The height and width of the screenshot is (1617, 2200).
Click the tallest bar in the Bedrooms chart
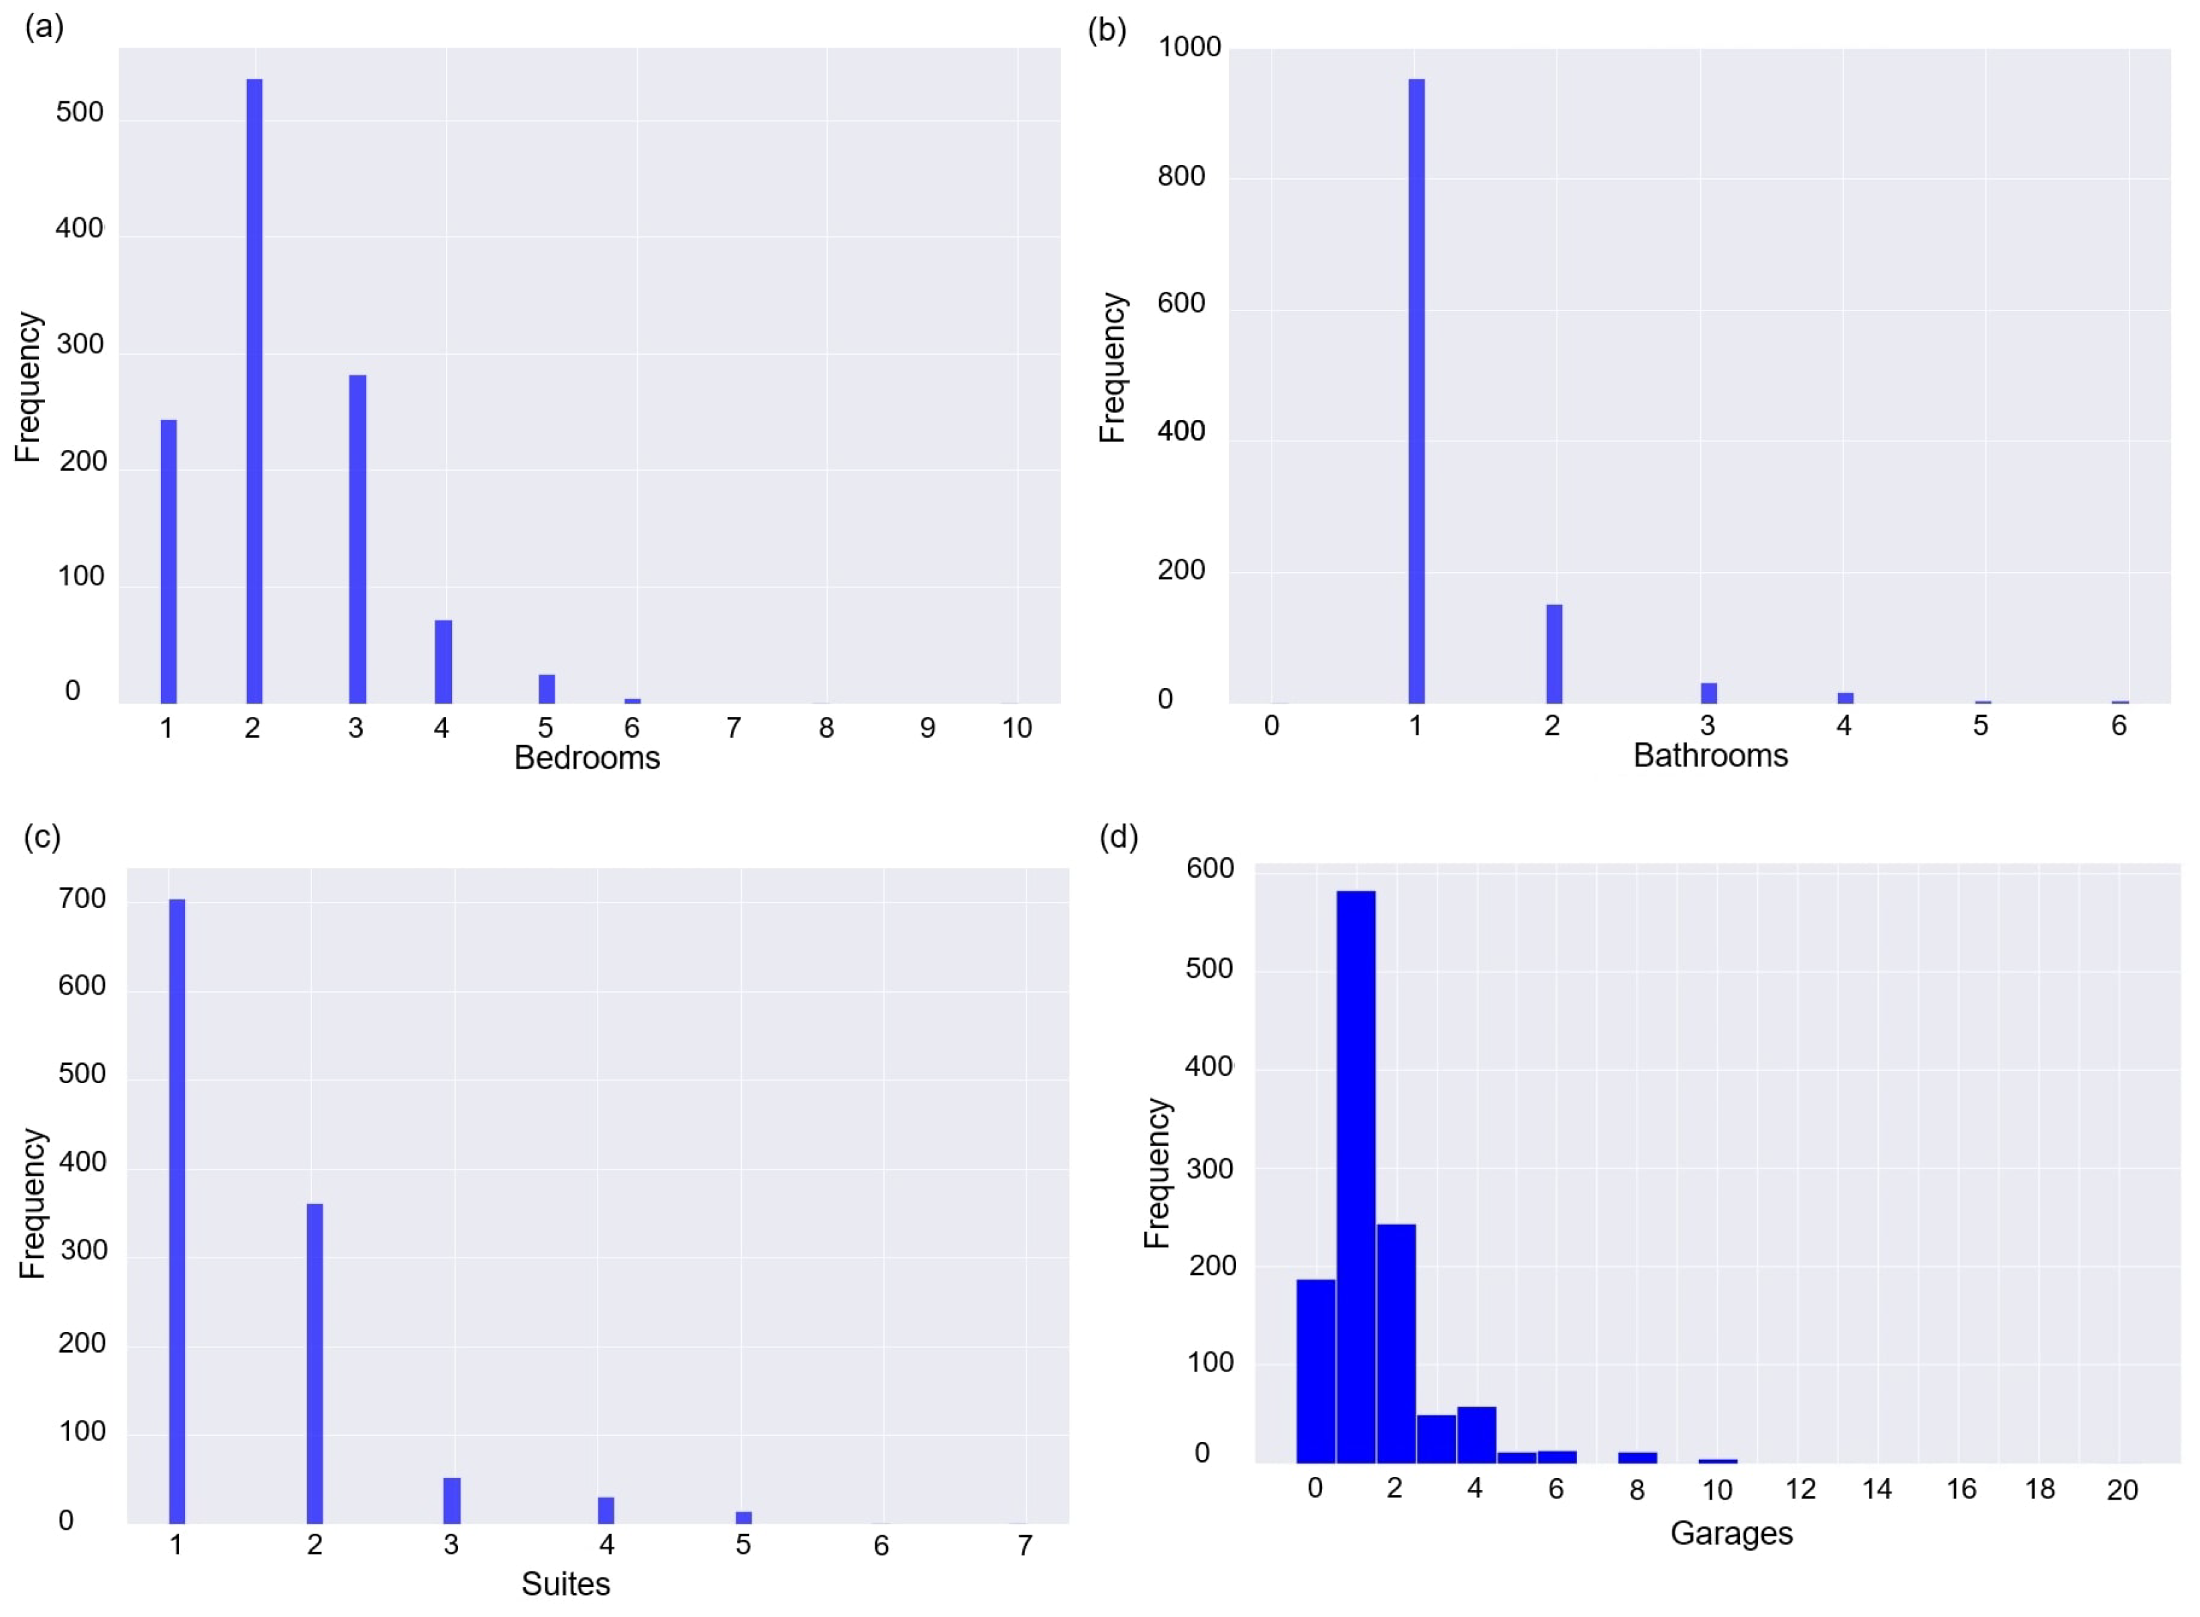click(254, 392)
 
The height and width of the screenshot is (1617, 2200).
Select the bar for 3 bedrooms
click(358, 539)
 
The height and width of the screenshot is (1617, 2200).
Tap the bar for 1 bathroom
click(1416, 392)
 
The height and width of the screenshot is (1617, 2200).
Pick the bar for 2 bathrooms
click(1554, 654)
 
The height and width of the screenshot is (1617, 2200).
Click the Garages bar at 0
click(1315, 1370)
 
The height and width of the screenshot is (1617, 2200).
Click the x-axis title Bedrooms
click(587, 758)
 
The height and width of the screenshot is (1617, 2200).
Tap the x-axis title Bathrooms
click(1710, 756)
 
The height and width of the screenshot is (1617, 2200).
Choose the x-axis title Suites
click(565, 1583)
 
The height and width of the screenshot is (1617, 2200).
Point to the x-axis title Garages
click(1731, 1532)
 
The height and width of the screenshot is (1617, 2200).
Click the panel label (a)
click(44, 26)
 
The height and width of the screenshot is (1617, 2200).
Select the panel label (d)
click(1119, 837)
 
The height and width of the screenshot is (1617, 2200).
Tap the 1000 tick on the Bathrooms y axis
click(1189, 47)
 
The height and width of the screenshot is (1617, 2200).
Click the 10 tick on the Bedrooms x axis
click(1017, 727)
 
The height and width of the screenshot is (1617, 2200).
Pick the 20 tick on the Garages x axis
click(2122, 1490)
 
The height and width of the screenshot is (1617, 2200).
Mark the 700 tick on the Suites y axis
click(82, 899)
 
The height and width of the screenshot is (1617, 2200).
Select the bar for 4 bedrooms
click(443, 662)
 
